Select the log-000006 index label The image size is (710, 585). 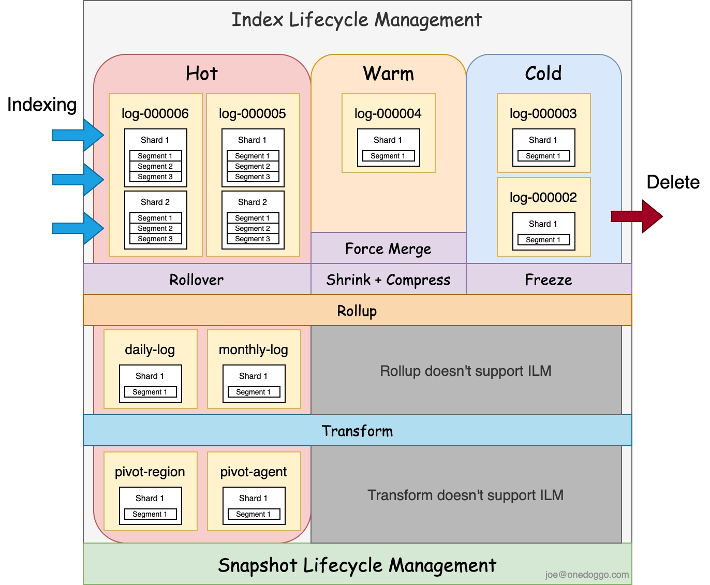(x=155, y=113)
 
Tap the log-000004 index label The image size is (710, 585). (x=388, y=113)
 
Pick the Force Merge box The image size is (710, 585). (x=388, y=248)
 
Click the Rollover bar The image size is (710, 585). (x=197, y=280)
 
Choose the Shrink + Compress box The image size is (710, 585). (x=388, y=280)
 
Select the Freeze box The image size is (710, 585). (x=549, y=280)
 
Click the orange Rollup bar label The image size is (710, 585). (x=357, y=311)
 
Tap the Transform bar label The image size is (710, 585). (x=357, y=431)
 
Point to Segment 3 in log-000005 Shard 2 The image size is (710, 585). (x=253, y=239)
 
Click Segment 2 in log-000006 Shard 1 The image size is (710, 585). (x=155, y=166)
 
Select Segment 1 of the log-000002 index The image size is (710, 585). (x=543, y=240)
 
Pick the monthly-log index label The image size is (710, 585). (x=254, y=349)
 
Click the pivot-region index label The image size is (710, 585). (x=150, y=472)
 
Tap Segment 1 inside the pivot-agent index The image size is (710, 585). (x=254, y=514)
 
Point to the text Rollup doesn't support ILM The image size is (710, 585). (x=466, y=371)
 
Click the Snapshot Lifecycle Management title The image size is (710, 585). (x=357, y=565)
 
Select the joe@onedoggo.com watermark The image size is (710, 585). (x=587, y=574)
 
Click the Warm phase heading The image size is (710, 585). (x=388, y=74)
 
